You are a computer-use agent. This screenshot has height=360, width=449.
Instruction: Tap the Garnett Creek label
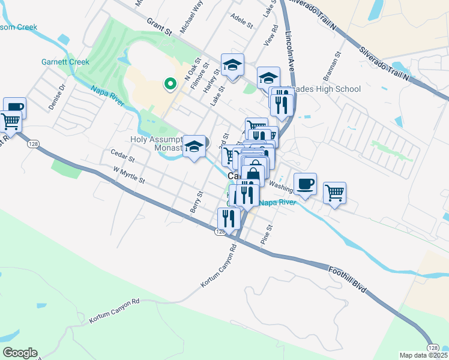pyautogui.click(x=65, y=62)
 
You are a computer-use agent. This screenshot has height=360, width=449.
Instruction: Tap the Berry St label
pyautogui.click(x=194, y=203)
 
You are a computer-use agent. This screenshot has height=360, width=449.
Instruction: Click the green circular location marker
pyautogui.click(x=170, y=85)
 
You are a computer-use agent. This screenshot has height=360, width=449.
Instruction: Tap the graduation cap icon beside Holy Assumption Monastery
pyautogui.click(x=194, y=146)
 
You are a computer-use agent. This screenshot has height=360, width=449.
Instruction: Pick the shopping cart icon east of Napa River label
pyautogui.click(x=335, y=193)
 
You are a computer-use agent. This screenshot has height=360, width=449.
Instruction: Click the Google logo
pyautogui.click(x=19, y=353)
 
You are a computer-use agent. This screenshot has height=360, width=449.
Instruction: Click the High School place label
pyautogui.click(x=333, y=89)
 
